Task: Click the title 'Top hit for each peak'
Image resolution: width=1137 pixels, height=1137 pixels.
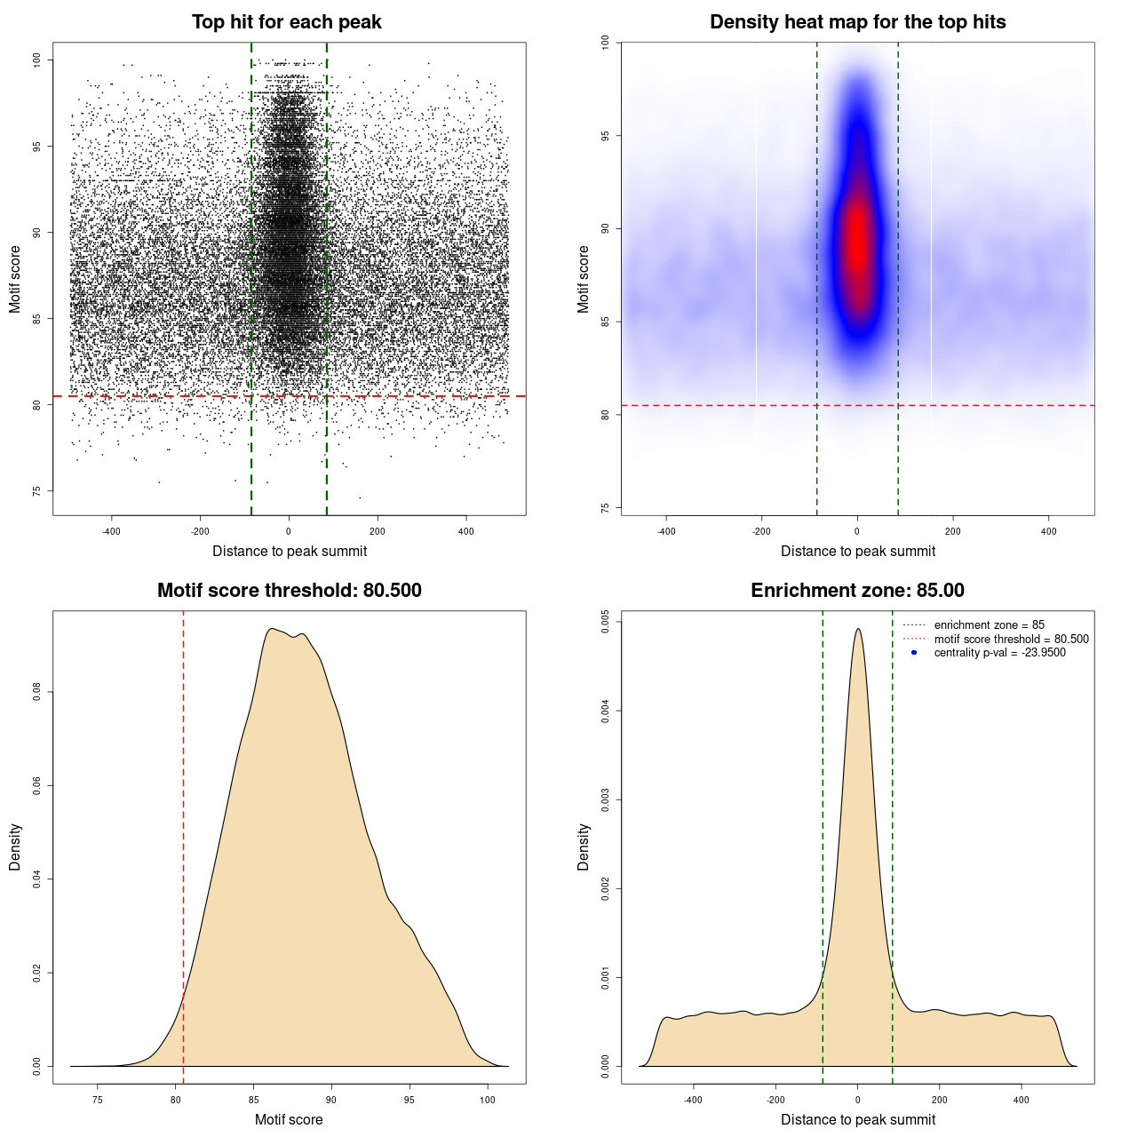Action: (286, 22)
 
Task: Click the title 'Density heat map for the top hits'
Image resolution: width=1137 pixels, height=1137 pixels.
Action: (857, 22)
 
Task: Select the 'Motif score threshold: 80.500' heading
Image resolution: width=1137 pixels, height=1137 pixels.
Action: (289, 591)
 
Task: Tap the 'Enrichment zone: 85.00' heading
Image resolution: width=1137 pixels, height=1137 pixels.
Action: (857, 591)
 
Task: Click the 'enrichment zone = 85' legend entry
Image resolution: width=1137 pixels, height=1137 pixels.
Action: (989, 625)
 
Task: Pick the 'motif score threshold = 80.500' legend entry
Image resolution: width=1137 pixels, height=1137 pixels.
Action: (1011, 640)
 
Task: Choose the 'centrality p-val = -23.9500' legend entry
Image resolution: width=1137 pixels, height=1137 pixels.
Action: (999, 653)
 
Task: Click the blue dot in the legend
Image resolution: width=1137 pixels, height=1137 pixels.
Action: (914, 653)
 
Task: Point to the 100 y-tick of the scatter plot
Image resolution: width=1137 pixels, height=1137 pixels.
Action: (37, 60)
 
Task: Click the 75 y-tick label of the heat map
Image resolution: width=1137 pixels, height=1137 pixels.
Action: (606, 508)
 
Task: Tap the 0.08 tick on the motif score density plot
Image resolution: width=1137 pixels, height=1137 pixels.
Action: (37, 692)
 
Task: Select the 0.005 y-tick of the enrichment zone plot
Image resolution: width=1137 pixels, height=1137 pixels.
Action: (606, 622)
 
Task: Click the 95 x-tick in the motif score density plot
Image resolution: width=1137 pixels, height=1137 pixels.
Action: (409, 1101)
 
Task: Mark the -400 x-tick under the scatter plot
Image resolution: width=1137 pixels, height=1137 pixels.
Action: (111, 532)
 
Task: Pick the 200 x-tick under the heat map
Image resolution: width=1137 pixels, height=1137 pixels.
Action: (952, 532)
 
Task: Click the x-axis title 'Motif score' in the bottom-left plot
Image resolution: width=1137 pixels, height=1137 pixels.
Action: (289, 1119)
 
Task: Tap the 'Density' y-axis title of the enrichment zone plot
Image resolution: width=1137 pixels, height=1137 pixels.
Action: (584, 847)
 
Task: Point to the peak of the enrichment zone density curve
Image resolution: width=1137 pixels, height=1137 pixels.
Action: (857, 630)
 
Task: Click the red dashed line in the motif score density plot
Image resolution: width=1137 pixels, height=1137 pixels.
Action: (183, 844)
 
